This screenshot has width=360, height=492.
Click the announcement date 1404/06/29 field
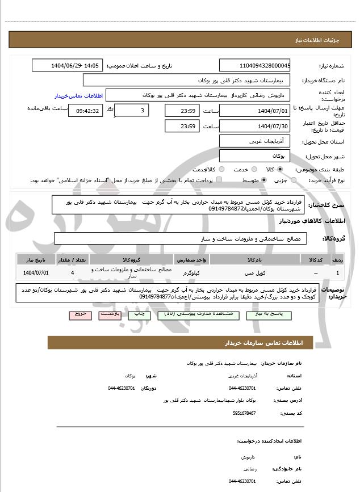coord(68,65)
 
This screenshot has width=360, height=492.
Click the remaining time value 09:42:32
coord(86,110)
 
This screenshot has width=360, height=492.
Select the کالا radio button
coord(279,169)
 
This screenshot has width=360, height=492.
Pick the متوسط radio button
coord(264,180)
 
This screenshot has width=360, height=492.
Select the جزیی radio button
coord(294,180)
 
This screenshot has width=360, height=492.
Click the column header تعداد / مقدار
coord(72,259)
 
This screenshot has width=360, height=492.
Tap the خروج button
coord(79,313)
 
